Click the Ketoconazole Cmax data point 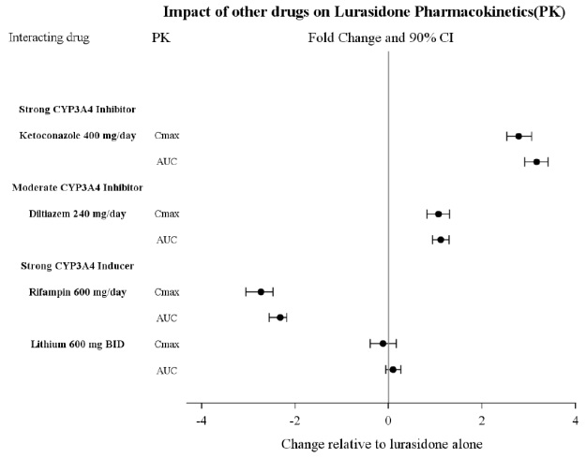[x=518, y=136]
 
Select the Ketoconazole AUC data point [x=536, y=162]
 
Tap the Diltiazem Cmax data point [x=438, y=214]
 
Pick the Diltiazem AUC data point [x=441, y=240]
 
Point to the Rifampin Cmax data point [x=261, y=292]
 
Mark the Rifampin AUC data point [x=279, y=318]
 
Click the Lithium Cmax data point [x=383, y=344]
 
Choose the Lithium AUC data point [x=393, y=370]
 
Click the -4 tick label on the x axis [x=201, y=420]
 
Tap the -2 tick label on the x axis [x=294, y=420]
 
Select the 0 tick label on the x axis [x=388, y=420]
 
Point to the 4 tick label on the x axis [x=575, y=420]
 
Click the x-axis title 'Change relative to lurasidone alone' [x=382, y=444]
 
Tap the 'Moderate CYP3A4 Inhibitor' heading [x=77, y=187]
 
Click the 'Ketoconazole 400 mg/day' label [x=77, y=136]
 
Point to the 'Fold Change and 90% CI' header [x=381, y=37]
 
